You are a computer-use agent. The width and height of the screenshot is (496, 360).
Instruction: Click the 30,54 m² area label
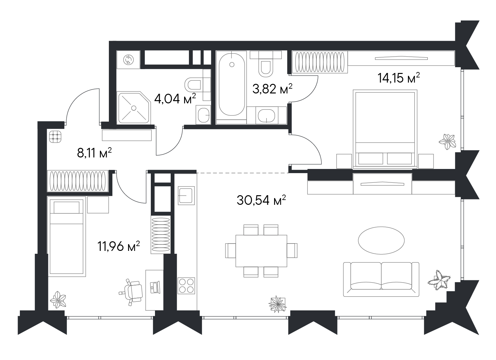coord(261,200)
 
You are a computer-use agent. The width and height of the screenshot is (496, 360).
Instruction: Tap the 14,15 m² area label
coord(399,78)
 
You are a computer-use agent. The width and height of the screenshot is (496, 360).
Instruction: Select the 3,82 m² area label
coord(272,89)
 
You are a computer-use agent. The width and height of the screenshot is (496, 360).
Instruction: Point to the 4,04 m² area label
coord(175,99)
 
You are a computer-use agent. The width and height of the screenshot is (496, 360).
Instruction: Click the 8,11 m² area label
coord(94,153)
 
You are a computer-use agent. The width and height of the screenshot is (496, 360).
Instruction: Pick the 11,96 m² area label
coord(119,246)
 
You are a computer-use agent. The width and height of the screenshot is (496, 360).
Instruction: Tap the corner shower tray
coord(134,108)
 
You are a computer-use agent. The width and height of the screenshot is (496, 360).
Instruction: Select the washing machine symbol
coord(128,60)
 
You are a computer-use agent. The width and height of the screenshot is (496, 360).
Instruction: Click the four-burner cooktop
coord(186,285)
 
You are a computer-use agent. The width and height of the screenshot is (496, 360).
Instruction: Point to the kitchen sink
coord(186,196)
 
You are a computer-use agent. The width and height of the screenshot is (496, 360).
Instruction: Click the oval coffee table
coord(381,240)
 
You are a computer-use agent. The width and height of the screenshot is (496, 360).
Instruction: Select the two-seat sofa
coord(381,279)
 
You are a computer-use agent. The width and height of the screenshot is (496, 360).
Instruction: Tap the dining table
coord(261,251)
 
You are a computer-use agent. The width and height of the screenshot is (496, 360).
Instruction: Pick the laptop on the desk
coord(155,287)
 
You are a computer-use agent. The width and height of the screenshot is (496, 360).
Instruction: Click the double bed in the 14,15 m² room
coord(385,129)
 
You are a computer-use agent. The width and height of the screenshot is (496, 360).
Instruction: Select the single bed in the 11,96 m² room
coord(66,236)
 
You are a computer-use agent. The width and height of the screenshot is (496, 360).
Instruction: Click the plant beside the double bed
coord(447,141)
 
